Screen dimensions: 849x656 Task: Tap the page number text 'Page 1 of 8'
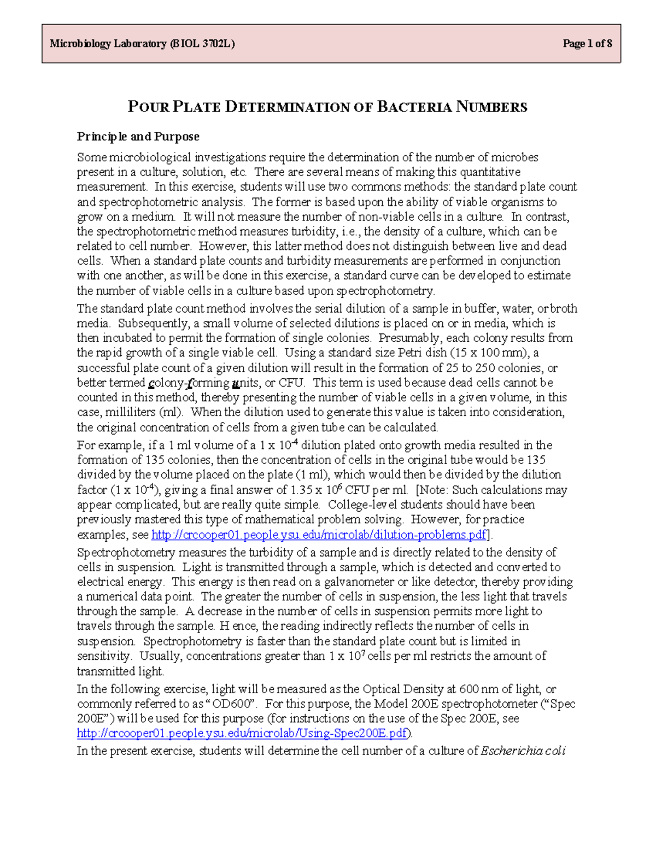tap(587, 44)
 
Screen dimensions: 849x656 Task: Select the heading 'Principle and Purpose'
tap(138, 136)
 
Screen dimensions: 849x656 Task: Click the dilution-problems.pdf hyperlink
tap(319, 534)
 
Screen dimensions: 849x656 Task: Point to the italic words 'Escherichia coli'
tap(523, 751)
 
